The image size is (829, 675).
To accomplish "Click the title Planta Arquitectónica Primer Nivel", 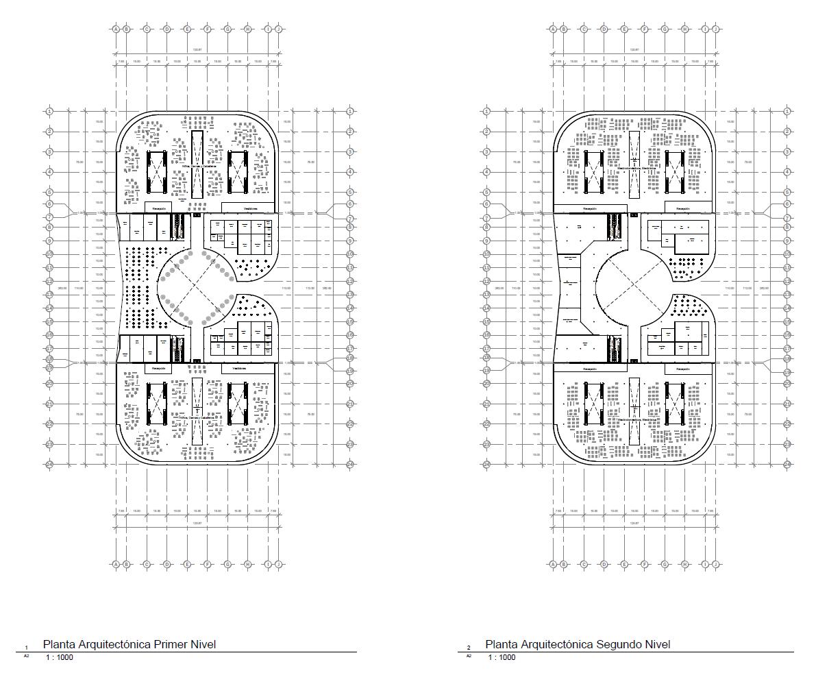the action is pyautogui.click(x=129, y=644).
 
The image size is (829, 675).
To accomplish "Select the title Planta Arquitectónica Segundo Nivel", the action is pyautogui.click(x=578, y=644).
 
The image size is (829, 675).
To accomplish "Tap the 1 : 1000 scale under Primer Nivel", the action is pyautogui.click(x=60, y=658).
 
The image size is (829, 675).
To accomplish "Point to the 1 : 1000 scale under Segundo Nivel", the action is pyautogui.click(x=502, y=658).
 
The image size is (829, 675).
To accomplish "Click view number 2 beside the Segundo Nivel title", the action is pyautogui.click(x=469, y=648).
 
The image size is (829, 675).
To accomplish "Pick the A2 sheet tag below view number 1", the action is pyautogui.click(x=27, y=656).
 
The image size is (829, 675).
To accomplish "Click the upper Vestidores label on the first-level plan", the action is pyautogui.click(x=249, y=208).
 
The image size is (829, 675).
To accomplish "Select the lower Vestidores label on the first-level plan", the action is pyautogui.click(x=238, y=369).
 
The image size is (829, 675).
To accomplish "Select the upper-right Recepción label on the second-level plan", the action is pyautogui.click(x=683, y=208).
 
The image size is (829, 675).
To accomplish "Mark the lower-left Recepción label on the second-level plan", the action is pyautogui.click(x=589, y=369).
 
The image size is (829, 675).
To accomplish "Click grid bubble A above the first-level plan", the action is pyautogui.click(x=116, y=29).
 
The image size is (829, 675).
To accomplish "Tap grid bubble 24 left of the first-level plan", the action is pyautogui.click(x=49, y=465).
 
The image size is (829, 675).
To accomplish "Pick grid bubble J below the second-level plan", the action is pyautogui.click(x=715, y=565).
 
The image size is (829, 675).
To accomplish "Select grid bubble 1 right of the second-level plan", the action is pyautogui.click(x=787, y=111).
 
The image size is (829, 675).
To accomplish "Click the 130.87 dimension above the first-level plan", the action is pyautogui.click(x=197, y=49).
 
